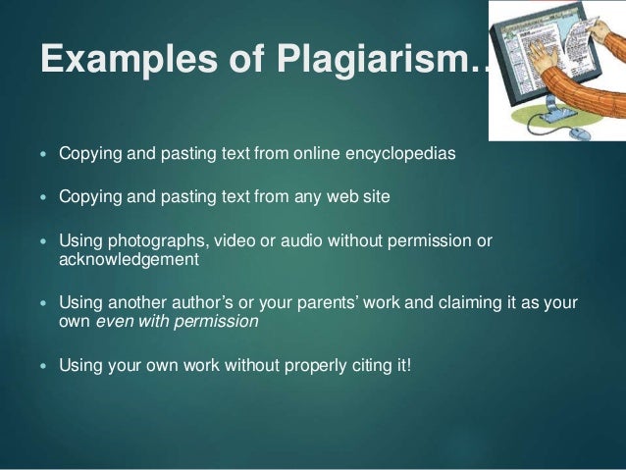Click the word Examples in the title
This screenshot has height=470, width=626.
pos(111,61)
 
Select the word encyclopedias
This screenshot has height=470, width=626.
pos(401,154)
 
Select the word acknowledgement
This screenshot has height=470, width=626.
pos(129,260)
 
